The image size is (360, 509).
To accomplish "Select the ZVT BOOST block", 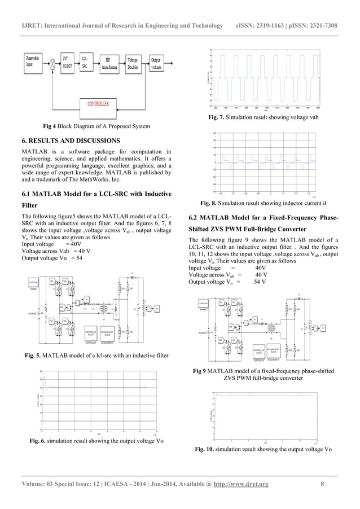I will pos(68,62).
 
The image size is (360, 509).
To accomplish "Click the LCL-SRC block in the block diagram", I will pos(86,62).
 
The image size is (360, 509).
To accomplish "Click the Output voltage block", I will pos(155,62).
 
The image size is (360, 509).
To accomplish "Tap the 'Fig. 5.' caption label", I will pos(33,356).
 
